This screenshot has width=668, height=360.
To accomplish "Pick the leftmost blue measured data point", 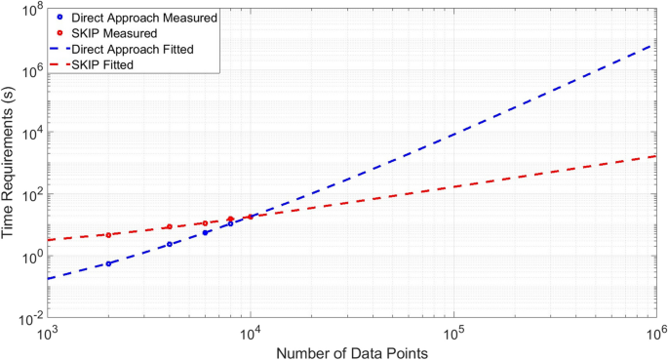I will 108,263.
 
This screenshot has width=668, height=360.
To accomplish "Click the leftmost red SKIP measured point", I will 108,235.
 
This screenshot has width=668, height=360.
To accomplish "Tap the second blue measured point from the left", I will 170,244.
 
